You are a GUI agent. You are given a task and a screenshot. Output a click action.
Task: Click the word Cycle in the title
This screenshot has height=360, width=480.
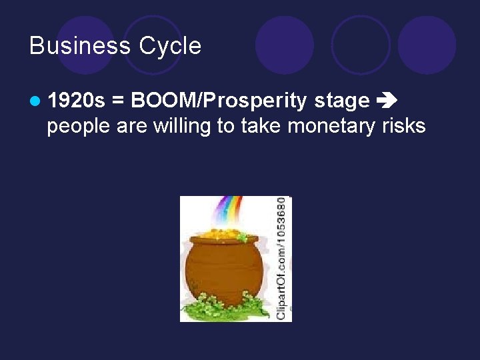[x=170, y=46]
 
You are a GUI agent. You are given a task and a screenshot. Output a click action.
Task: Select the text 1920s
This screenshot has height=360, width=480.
[x=77, y=101]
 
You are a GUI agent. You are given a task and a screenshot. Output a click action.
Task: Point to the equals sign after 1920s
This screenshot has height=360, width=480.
[x=118, y=101]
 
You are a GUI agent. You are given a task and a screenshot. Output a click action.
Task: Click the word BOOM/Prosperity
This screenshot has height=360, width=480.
[x=219, y=101]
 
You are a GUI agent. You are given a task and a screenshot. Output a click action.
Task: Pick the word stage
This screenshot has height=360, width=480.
[x=342, y=101]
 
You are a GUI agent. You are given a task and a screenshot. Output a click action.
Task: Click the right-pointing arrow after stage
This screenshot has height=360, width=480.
[x=386, y=101]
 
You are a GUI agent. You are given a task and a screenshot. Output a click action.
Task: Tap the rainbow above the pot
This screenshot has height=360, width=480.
[x=231, y=212]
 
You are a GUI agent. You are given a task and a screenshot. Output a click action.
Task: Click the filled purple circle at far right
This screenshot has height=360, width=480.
[x=427, y=45]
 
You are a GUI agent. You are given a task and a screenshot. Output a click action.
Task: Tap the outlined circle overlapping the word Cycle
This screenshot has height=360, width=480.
[x=153, y=45]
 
